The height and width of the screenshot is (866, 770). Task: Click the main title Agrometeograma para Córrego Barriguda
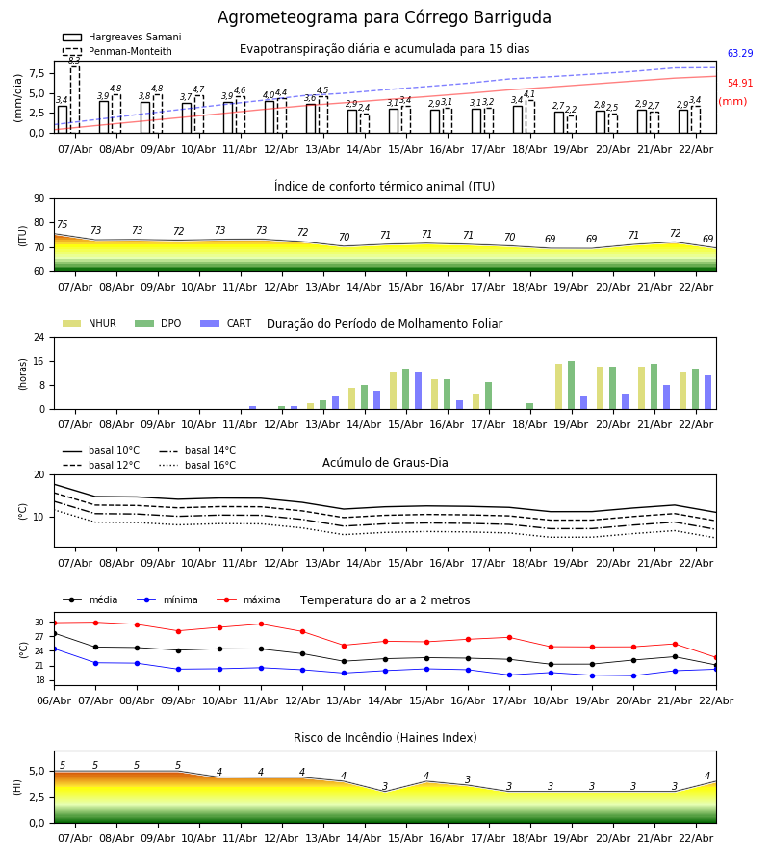pyautogui.click(x=384, y=18)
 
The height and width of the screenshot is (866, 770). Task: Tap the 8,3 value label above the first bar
pyautogui.click(x=74, y=60)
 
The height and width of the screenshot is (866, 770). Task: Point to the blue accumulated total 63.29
pyautogui.click(x=739, y=54)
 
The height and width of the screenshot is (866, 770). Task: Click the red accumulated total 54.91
pyautogui.click(x=739, y=84)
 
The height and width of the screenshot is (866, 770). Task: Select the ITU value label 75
pyautogui.click(x=63, y=225)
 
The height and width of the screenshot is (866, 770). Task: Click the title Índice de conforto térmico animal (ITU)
pyautogui.click(x=384, y=187)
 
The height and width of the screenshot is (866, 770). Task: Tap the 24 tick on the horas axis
pyautogui.click(x=39, y=338)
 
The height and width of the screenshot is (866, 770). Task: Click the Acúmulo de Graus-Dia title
pyautogui.click(x=385, y=463)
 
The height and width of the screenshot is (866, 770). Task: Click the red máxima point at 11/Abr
pyautogui.click(x=261, y=624)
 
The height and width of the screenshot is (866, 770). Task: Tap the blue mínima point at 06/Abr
pyautogui.click(x=54, y=649)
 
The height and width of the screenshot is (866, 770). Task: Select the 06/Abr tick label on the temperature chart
pyautogui.click(x=54, y=700)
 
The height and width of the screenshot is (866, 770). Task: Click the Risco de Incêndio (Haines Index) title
pyautogui.click(x=385, y=738)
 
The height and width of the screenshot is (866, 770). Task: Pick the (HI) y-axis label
pyautogui.click(x=17, y=786)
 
